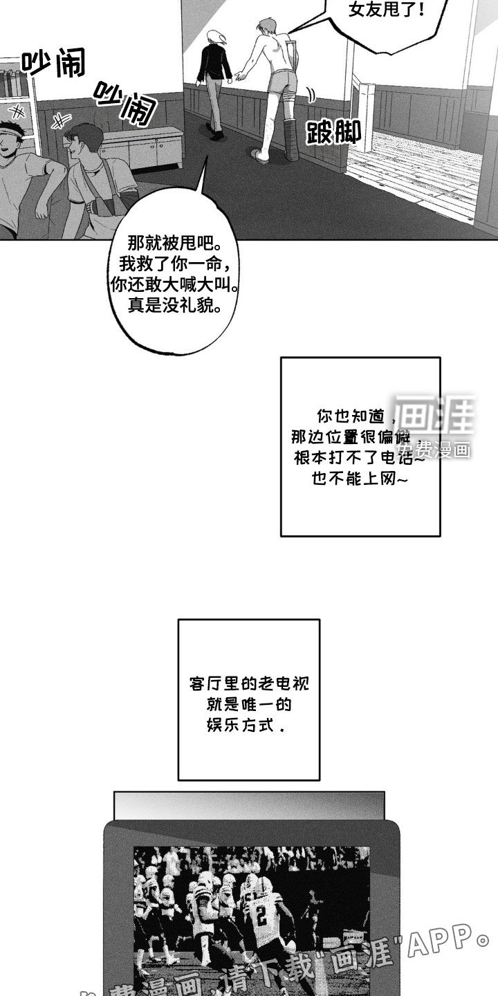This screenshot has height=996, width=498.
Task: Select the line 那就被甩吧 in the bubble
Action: tap(174, 244)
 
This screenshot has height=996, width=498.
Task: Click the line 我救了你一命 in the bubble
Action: tap(174, 264)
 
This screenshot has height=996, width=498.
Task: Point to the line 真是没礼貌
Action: tap(174, 304)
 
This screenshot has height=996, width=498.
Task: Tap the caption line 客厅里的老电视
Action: tap(248, 684)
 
